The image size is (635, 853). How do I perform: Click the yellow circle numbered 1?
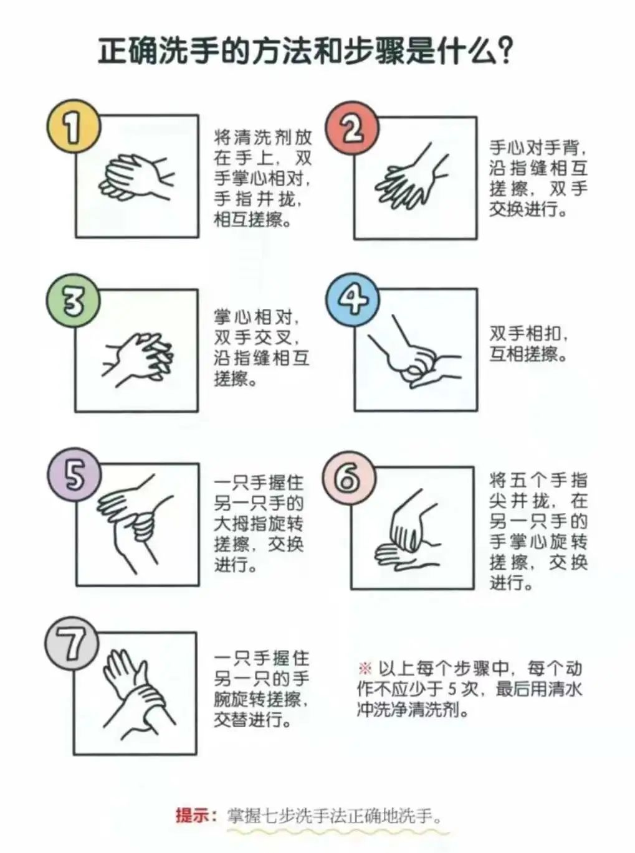(x=74, y=126)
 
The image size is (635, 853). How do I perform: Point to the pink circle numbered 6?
(x=349, y=478)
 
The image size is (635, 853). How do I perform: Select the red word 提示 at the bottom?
(x=193, y=815)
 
